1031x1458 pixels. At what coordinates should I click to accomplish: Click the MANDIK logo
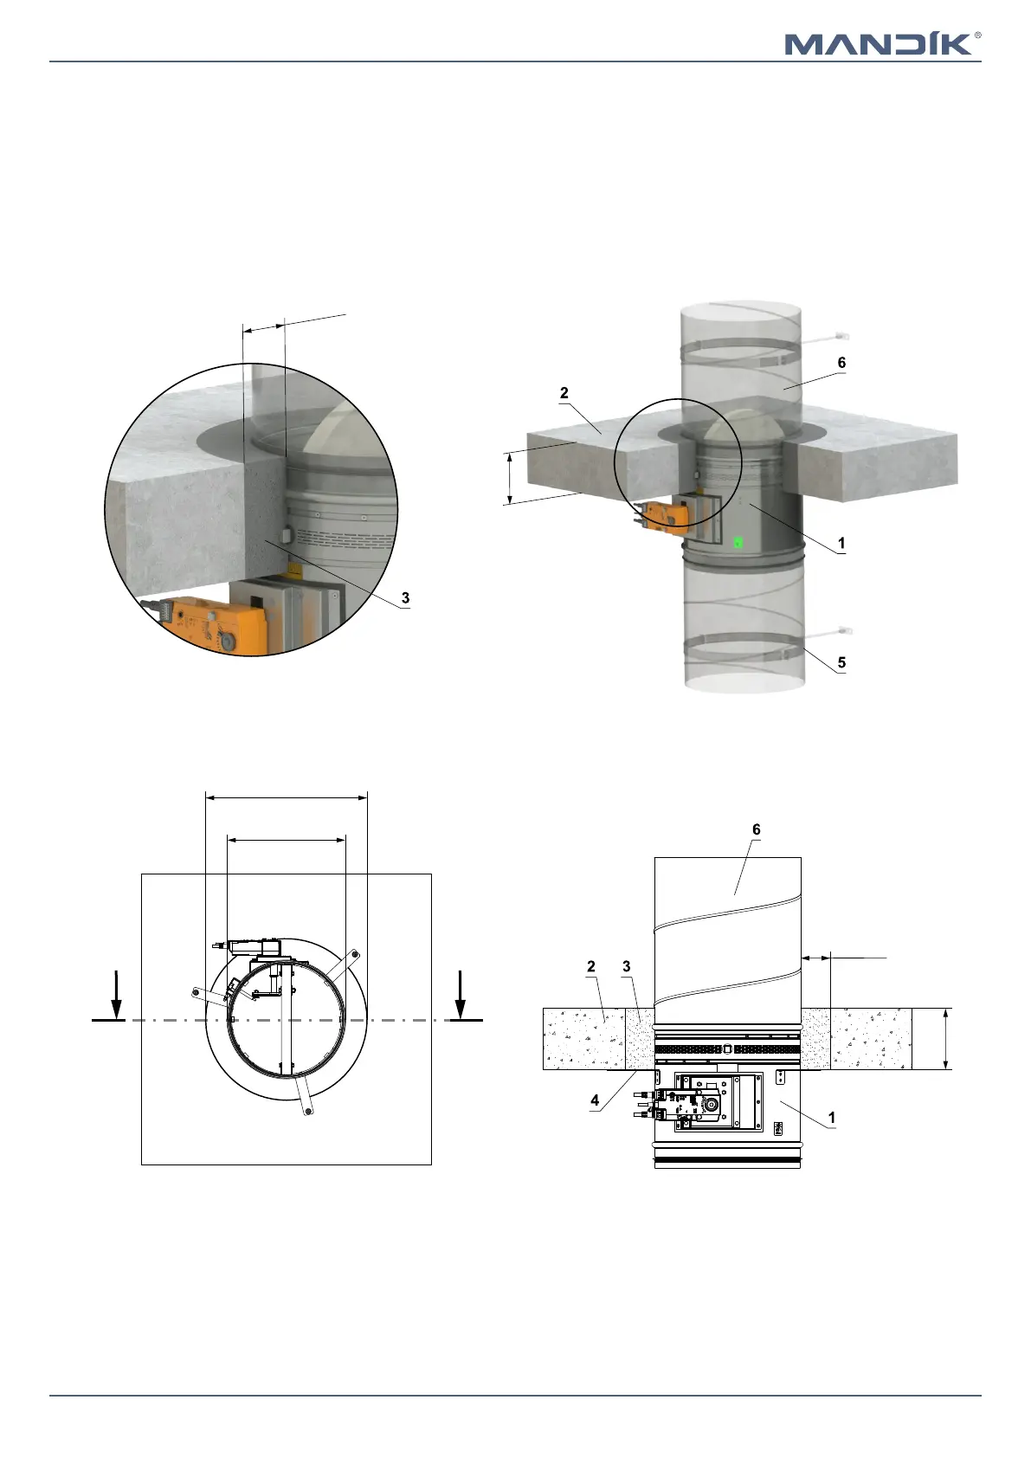tap(879, 44)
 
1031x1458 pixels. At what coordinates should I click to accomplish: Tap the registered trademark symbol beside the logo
tap(977, 35)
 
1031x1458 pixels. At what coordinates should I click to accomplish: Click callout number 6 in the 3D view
tap(841, 363)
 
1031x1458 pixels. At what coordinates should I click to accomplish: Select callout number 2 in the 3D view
tap(564, 393)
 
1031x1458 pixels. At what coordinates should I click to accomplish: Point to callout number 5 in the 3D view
tap(841, 662)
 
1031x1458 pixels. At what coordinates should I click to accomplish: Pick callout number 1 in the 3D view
tap(841, 543)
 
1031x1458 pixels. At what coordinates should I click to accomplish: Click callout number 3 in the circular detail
tap(405, 597)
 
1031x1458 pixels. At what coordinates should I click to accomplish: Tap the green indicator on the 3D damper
tap(738, 541)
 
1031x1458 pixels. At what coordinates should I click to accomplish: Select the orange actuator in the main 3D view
tap(660, 514)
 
